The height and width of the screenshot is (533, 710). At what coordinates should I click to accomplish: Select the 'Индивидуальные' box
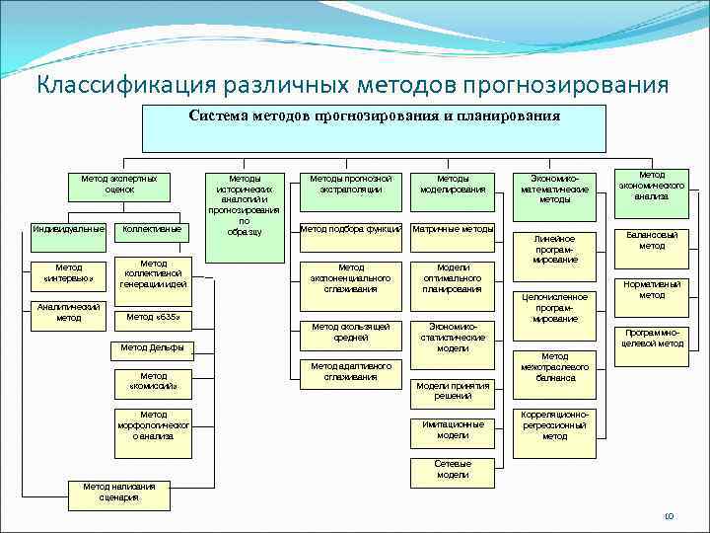pos(68,230)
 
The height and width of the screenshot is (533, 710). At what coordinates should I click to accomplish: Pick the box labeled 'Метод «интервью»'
pos(68,271)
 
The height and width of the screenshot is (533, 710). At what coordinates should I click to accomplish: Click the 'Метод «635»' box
pos(153,318)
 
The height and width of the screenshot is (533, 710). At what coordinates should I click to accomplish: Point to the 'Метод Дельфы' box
pos(153,347)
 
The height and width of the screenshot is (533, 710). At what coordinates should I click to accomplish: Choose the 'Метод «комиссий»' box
pos(153,381)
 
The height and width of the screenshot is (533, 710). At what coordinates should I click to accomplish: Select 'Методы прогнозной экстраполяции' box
pos(351,183)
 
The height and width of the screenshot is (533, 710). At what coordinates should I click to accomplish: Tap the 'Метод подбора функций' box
pos(351,229)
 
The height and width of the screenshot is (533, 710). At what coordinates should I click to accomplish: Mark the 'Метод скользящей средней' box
pos(351,332)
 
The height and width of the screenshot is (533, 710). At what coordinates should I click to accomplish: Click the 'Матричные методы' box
pos(453,229)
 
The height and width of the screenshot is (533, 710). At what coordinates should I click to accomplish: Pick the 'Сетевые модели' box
pos(453,469)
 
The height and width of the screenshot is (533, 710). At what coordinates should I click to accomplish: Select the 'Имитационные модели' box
pos(453,429)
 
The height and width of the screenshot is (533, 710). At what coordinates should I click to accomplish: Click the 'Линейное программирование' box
pos(554,248)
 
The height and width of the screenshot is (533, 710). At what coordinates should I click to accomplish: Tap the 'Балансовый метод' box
pos(652,240)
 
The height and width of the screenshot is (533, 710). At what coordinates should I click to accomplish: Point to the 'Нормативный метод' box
pos(652,289)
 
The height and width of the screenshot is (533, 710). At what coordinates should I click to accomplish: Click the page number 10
pos(668,516)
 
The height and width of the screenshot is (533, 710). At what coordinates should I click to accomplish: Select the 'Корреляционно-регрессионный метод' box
pos(554,425)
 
